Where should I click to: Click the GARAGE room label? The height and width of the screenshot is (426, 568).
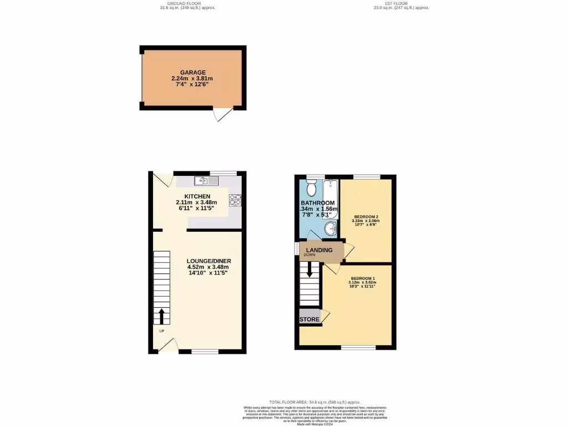pos(192,72)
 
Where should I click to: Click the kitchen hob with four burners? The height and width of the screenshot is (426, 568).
pos(235,199)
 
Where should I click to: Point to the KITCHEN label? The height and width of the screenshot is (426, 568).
pos(197,196)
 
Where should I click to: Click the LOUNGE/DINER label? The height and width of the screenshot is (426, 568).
pos(209,261)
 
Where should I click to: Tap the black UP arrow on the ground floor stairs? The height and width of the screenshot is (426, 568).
pos(162,317)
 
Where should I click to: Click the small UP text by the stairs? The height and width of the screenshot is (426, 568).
pos(162,331)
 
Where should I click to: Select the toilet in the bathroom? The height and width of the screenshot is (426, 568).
pos(312,188)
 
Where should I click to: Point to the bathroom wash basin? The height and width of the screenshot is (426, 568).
pos(331,227)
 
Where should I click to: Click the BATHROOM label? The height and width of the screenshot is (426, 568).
pos(318,203)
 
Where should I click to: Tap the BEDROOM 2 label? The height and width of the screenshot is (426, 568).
pos(366,216)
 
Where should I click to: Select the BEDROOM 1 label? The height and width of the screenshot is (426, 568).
pos(363,278)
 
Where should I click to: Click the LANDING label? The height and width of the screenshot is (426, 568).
pos(319,250)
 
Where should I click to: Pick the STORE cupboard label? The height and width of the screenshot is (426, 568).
pos(310,319)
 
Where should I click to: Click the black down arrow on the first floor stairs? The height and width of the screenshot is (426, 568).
pos(310,270)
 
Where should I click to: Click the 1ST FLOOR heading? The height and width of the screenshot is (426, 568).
pos(401,3)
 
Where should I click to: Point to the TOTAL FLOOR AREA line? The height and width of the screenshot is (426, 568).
pos(315,402)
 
